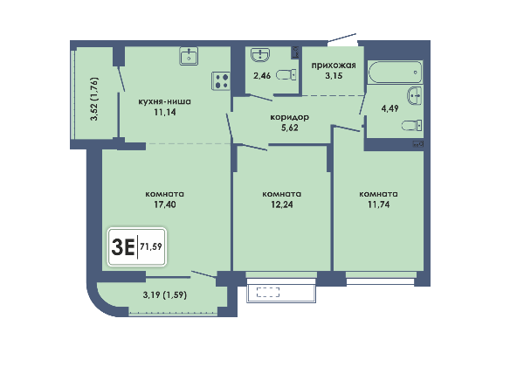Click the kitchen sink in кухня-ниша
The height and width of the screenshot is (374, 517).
point(189,56)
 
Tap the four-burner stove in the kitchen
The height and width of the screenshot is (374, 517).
point(221,81)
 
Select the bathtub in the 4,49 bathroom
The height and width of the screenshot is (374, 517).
point(395,72)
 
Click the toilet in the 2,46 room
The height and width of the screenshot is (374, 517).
point(286,75)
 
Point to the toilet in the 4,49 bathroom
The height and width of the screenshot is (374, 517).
point(411,125)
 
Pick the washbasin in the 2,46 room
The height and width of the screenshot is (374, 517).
point(260,55)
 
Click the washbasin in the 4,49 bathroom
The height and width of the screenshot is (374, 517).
point(415,95)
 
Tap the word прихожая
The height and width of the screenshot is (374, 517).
point(334,66)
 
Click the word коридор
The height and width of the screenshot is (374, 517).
point(289,117)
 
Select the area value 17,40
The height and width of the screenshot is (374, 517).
point(165,204)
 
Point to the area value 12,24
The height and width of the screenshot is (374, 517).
point(282,204)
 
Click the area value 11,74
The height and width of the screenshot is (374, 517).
point(378,204)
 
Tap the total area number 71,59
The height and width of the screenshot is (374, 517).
point(151,246)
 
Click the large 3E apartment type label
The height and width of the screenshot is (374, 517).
point(123,247)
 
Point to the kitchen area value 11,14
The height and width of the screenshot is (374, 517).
point(165,112)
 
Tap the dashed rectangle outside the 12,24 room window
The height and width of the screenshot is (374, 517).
point(268,292)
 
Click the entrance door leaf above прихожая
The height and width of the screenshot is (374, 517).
point(342,38)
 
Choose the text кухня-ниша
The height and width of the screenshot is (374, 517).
point(164,101)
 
